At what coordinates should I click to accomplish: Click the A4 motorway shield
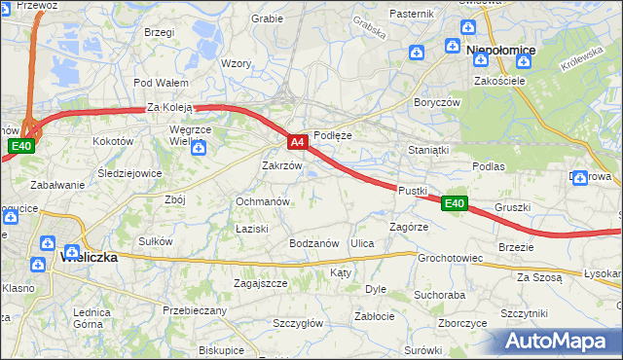[x=299, y=142]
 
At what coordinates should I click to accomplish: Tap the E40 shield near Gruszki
[x=455, y=203]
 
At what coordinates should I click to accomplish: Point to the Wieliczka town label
[x=89, y=258]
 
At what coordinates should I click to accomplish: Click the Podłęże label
[x=332, y=135]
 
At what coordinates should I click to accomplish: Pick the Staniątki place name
[x=428, y=150]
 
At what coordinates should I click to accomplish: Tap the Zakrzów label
[x=282, y=165]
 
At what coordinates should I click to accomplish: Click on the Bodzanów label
[x=313, y=242]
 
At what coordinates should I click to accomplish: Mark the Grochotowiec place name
[x=451, y=259]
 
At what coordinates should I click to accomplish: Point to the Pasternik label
[x=411, y=14]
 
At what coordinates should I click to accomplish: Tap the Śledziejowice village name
[x=129, y=174]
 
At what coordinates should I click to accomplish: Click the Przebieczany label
[x=195, y=310]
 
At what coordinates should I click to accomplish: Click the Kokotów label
[x=112, y=141]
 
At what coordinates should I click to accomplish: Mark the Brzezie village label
[x=516, y=247]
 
